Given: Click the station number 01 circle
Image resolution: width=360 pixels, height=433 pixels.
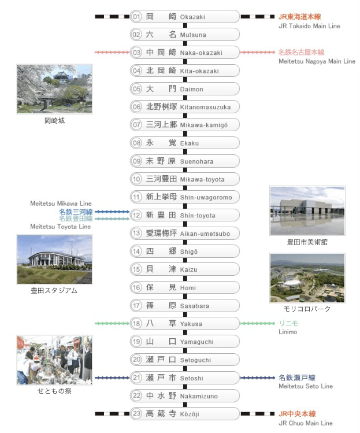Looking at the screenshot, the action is tap(136, 17).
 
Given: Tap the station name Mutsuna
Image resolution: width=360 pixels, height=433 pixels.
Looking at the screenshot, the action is tap(193, 35).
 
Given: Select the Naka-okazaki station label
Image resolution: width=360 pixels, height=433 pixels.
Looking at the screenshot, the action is tap(201, 53).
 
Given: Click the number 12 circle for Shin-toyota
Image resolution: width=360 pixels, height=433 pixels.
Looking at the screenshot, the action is tap(136, 215).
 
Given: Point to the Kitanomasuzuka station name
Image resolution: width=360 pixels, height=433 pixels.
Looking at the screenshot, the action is tap(205, 107).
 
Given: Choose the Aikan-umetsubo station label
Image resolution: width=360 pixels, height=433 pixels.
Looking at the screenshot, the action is tap(205, 234).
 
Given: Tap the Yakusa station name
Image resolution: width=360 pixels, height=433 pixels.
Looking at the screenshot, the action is tap(191, 324).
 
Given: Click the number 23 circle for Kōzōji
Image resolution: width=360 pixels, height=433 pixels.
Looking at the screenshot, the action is tap(136, 413).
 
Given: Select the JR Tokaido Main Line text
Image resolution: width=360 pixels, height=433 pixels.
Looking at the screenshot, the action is tap(309, 26).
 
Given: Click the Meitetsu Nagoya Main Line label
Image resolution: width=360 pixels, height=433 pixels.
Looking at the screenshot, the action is tap(317, 61).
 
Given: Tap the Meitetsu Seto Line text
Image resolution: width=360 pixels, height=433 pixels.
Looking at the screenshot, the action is tap(306, 386).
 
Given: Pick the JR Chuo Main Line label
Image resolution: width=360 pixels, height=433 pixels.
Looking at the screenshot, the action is tap(306, 423).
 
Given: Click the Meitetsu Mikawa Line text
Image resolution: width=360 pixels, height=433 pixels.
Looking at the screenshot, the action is tap(61, 203).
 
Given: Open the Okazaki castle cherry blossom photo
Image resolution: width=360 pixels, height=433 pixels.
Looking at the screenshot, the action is tap(55, 89).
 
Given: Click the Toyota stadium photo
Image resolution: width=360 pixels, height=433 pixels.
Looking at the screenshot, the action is tap(55, 260).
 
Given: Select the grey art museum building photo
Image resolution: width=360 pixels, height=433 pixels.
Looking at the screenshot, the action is tap(307, 210).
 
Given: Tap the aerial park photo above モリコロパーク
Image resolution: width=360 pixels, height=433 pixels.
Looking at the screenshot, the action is tap(307, 278).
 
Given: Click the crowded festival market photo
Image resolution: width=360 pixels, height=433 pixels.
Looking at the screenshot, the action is tap(55, 360).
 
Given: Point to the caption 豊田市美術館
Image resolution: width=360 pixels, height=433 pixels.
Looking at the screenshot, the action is tap(307, 242).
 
